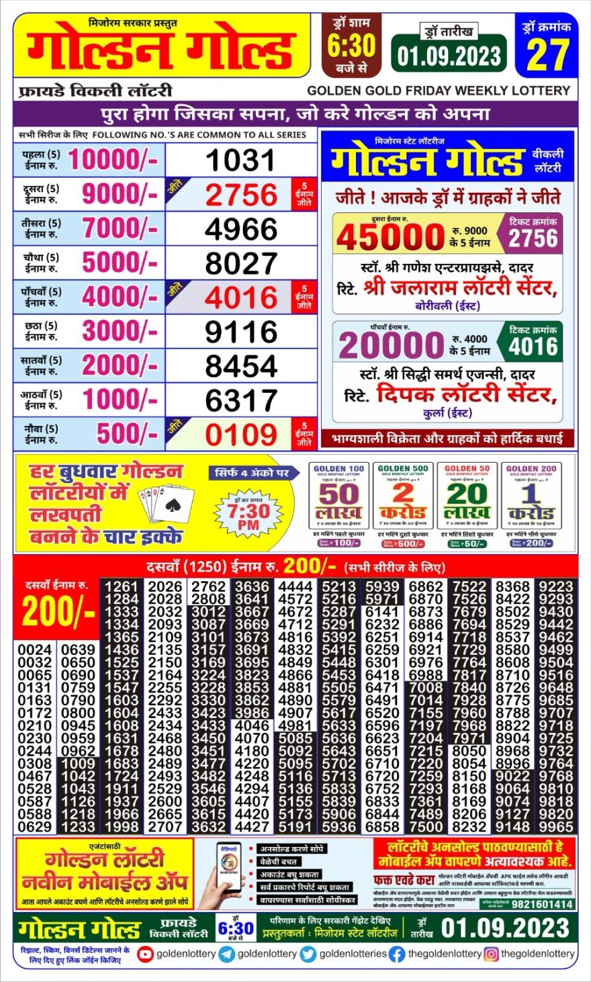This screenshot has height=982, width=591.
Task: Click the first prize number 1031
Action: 240,161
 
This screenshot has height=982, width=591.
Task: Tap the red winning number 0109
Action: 240,435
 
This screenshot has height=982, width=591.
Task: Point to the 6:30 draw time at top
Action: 351,46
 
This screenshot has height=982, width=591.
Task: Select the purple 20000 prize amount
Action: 392,346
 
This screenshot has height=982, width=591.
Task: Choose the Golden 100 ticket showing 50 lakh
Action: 338,504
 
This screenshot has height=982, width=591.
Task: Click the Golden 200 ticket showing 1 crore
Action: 531,504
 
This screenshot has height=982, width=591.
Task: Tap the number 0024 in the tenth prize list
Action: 35,650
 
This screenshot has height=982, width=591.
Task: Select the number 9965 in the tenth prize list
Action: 556,826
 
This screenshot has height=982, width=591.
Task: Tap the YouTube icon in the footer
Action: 145,954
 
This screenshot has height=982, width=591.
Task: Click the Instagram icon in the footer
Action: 491,954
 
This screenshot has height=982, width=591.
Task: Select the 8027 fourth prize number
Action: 240,263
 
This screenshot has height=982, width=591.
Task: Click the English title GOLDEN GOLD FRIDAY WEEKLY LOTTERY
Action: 439,90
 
